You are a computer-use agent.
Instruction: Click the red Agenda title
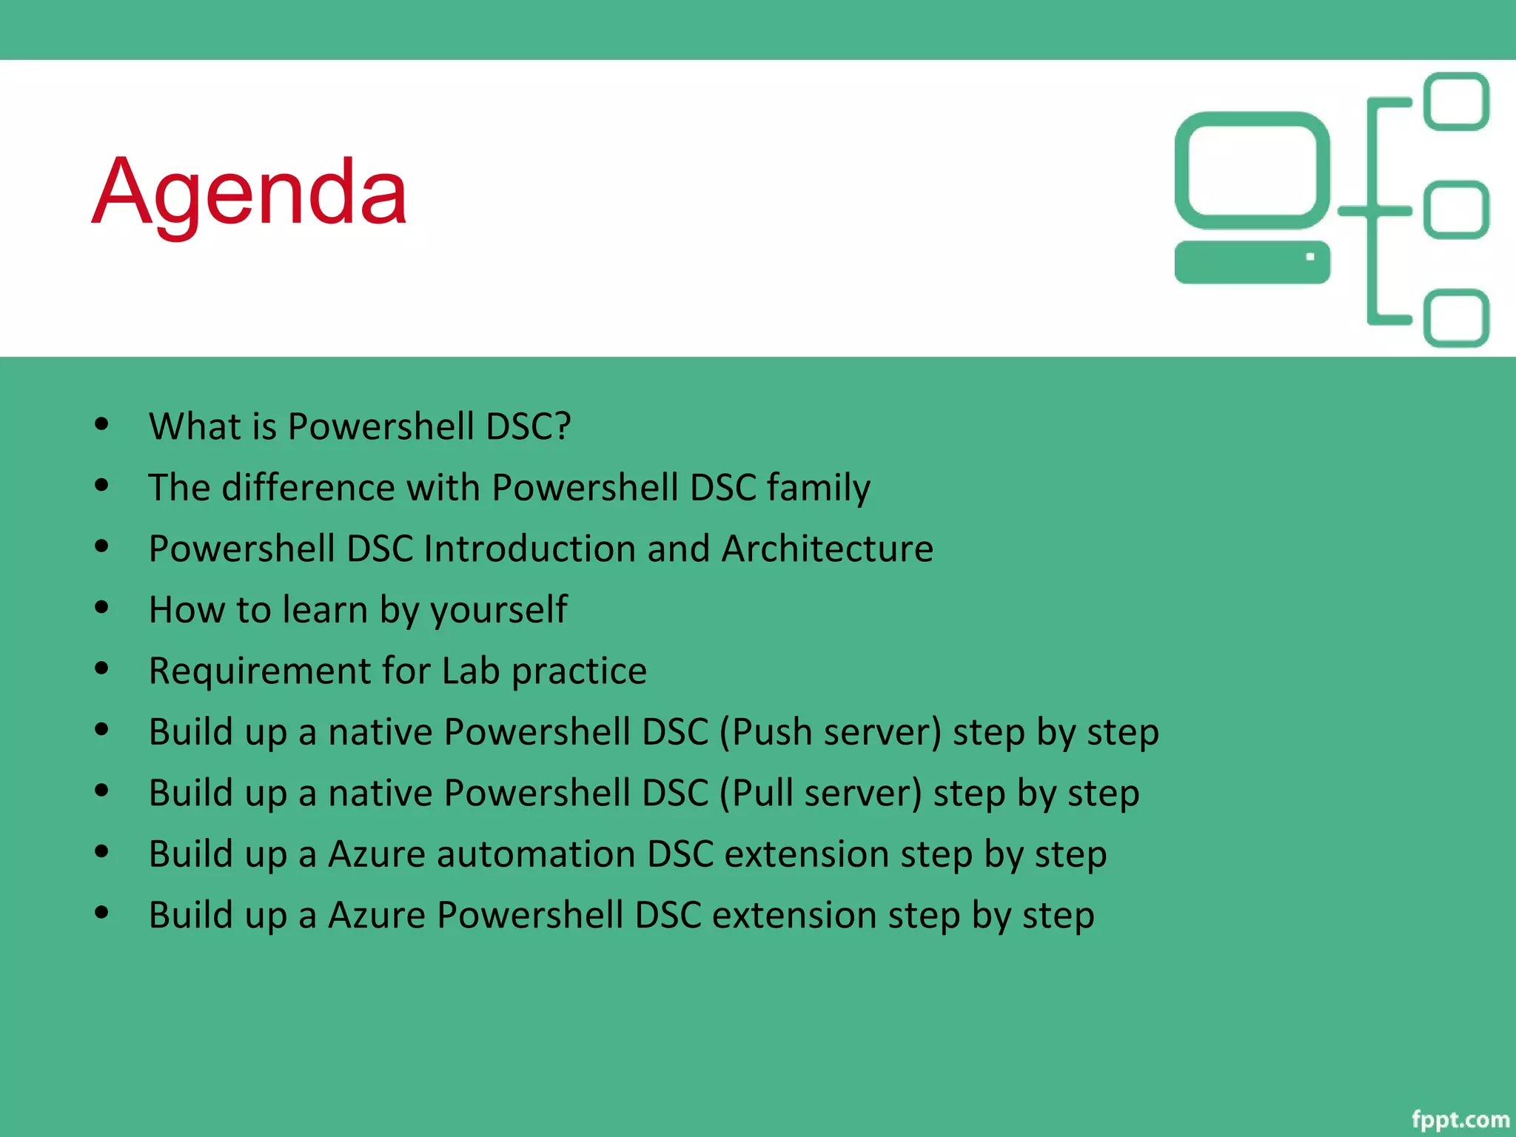pyautogui.click(x=249, y=192)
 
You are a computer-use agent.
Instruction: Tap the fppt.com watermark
pyautogui.click(x=1459, y=1119)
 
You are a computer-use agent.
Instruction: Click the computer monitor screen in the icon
pyautogui.click(x=1252, y=170)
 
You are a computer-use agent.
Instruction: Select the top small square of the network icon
pyautogui.click(x=1456, y=101)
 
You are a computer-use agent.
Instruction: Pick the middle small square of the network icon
pyautogui.click(x=1456, y=210)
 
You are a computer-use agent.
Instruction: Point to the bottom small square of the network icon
pyautogui.click(x=1456, y=318)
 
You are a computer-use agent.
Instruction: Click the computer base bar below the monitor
pyautogui.click(x=1252, y=262)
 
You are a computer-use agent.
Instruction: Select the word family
pyautogui.click(x=818, y=489)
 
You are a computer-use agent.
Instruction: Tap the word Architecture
pyautogui.click(x=827, y=549)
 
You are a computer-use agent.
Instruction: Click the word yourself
pyautogui.click(x=498, y=611)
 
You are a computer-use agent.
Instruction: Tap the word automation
pyautogui.click(x=535, y=854)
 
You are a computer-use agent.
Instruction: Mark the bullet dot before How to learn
pyautogui.click(x=102, y=608)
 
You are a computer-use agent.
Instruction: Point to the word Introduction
pyautogui.click(x=530, y=549)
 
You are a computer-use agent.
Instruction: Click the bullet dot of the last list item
pyautogui.click(x=102, y=913)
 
